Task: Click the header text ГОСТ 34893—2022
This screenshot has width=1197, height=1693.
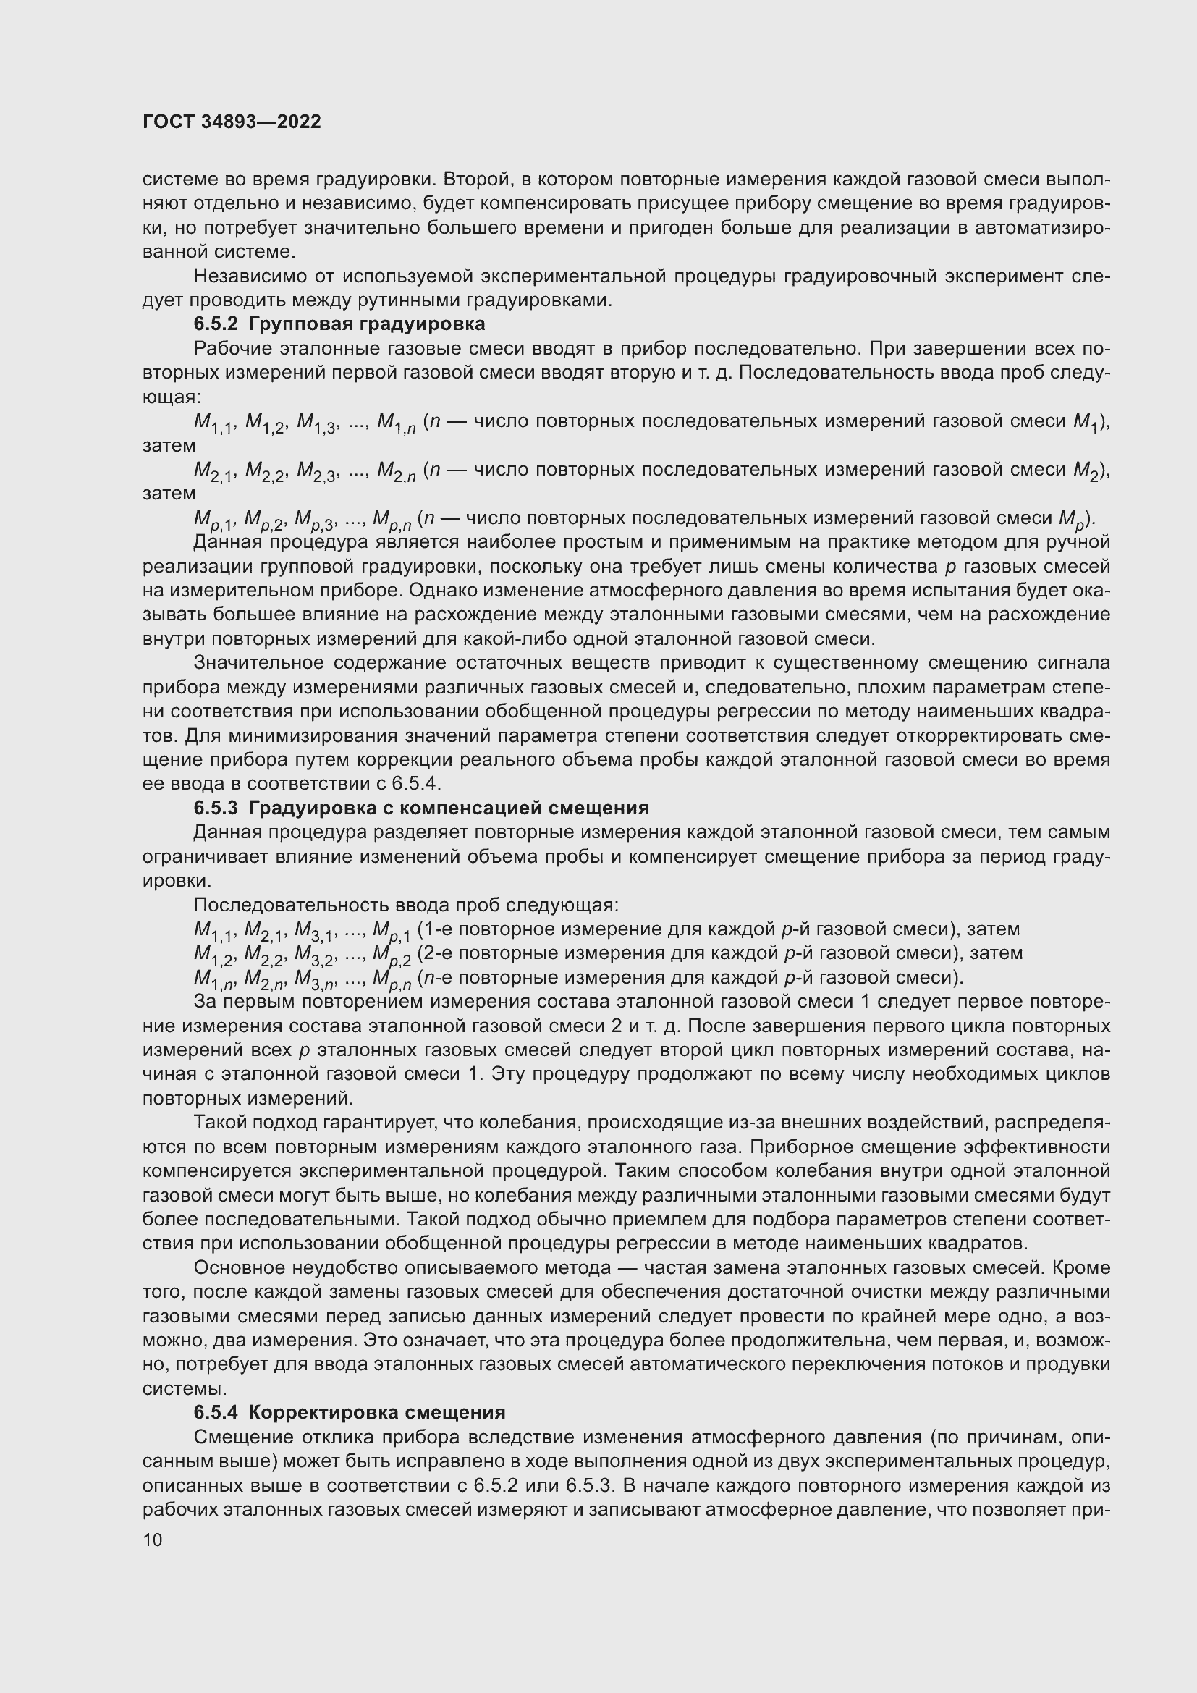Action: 232,122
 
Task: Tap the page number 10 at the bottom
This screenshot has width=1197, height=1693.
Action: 152,1540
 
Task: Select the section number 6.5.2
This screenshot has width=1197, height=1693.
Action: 216,324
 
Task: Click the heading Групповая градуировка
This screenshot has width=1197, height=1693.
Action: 366,324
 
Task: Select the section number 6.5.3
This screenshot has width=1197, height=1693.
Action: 216,808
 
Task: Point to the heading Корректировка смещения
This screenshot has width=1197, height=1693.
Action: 376,1412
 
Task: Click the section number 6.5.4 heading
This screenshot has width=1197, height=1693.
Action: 216,1412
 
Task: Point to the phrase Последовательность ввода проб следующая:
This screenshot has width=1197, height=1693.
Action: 406,904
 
